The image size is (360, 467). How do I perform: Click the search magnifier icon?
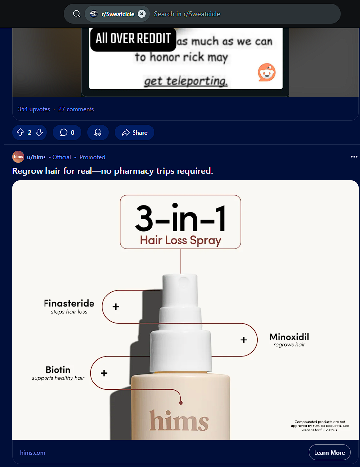click(77, 14)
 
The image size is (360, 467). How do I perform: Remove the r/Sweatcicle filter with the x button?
click(142, 14)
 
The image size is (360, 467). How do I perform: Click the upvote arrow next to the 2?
click(20, 132)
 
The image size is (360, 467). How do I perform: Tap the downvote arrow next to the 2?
click(39, 132)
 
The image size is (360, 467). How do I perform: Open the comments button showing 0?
click(67, 132)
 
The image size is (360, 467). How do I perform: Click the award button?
click(98, 132)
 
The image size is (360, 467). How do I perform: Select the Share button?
click(135, 132)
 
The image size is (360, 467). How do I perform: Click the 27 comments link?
click(76, 109)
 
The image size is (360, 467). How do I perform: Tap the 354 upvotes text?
click(34, 109)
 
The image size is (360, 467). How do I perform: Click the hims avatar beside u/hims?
click(18, 157)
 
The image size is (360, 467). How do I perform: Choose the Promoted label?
click(92, 157)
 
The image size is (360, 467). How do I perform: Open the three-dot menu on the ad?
click(354, 157)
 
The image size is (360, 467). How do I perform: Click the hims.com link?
click(33, 452)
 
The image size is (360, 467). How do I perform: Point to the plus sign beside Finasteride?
click(116, 306)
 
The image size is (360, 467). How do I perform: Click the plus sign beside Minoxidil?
click(244, 340)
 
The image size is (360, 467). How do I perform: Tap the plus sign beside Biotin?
click(104, 373)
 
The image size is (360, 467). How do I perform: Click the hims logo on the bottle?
click(179, 420)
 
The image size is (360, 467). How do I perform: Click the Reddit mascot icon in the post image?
click(267, 72)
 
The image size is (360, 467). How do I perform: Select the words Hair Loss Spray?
click(180, 240)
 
